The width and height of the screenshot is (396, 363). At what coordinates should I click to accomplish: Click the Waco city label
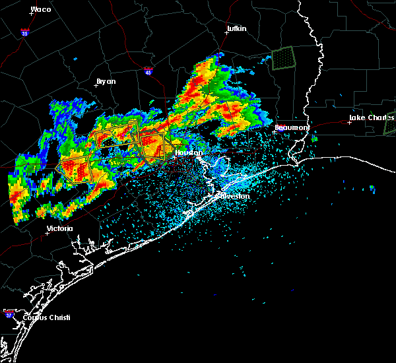pyautogui.click(x=41, y=10)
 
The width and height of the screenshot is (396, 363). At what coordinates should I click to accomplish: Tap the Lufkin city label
pyautogui.click(x=236, y=29)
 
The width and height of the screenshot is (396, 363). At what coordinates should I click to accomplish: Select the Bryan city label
pyautogui.click(x=106, y=81)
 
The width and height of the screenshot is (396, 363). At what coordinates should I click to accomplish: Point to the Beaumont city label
pyautogui.click(x=291, y=127)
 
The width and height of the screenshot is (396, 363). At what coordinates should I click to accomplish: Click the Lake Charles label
pyautogui.click(x=371, y=118)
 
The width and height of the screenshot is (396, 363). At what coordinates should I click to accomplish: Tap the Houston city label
pyautogui.click(x=188, y=152)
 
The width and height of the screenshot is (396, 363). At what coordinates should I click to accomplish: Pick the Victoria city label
pyautogui.click(x=59, y=229)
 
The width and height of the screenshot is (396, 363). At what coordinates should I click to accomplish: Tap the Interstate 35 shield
pyautogui.click(x=24, y=32)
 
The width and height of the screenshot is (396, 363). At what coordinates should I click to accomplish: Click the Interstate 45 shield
pyautogui.click(x=148, y=70)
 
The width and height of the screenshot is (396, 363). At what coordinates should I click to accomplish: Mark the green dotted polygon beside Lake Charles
pyautogui.click(x=389, y=124)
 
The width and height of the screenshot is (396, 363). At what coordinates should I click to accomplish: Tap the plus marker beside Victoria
pyautogui.click(x=47, y=233)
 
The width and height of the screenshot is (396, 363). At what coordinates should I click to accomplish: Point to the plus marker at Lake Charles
pyautogui.click(x=349, y=122)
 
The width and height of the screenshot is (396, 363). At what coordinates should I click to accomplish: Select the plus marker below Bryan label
pyautogui.click(x=96, y=85)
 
